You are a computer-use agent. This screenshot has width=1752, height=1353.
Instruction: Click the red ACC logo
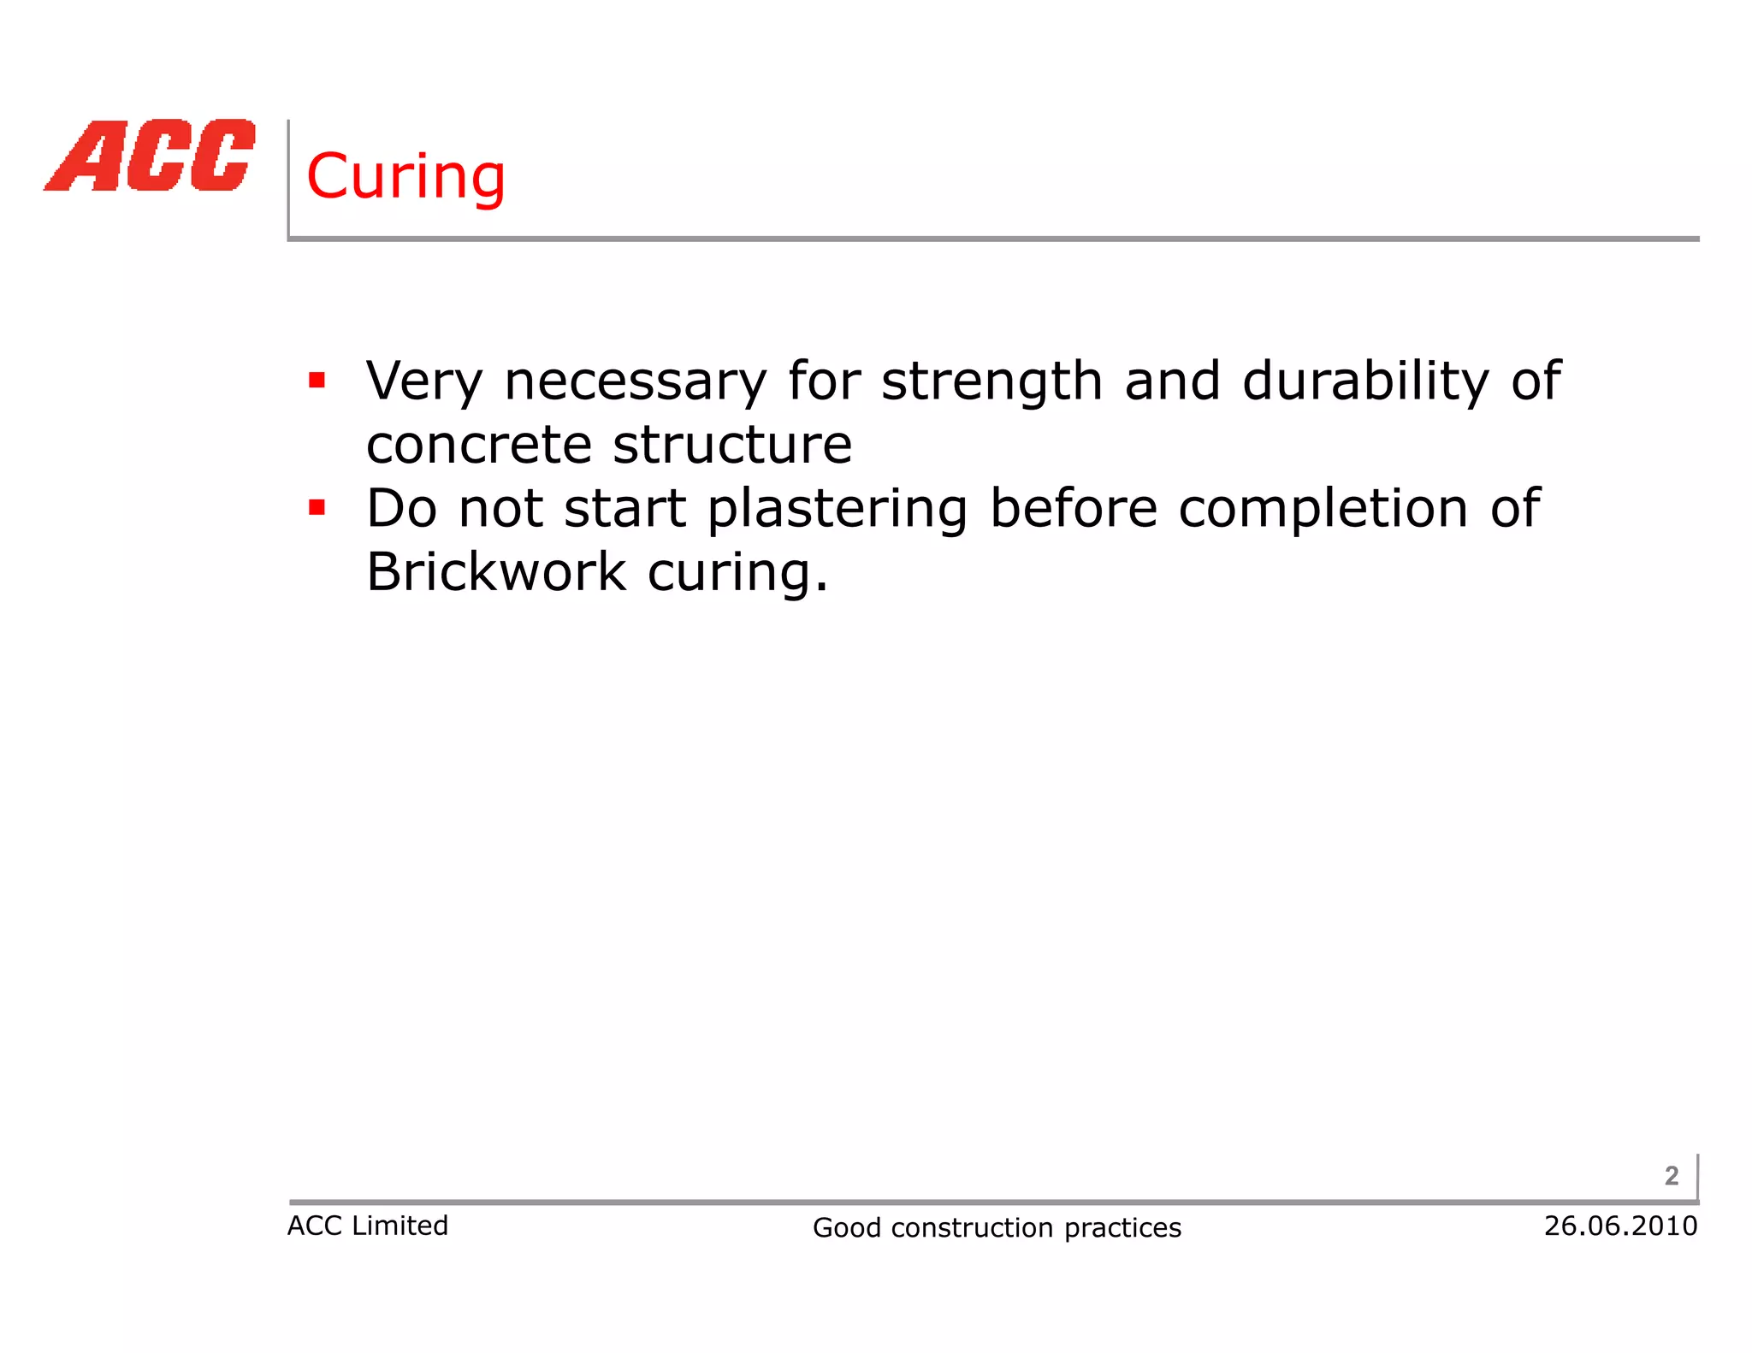click(x=151, y=156)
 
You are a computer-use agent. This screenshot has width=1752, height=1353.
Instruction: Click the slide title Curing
click(x=405, y=177)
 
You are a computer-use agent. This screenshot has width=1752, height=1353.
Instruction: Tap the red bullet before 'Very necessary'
click(x=317, y=380)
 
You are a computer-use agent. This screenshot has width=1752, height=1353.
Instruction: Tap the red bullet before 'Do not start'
click(x=317, y=508)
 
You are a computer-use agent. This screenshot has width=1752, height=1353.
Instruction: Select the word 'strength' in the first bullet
click(x=991, y=381)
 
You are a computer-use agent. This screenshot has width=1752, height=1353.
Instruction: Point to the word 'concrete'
click(x=479, y=445)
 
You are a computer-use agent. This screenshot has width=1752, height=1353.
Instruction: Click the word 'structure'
click(x=732, y=445)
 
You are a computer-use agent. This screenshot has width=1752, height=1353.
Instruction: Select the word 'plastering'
click(x=838, y=510)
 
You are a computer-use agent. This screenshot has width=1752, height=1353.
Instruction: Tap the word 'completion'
click(x=1323, y=510)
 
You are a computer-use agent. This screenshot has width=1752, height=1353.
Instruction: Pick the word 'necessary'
click(x=636, y=381)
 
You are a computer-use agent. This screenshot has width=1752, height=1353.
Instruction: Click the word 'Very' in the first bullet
click(x=424, y=381)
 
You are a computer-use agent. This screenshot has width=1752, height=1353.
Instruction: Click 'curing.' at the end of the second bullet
click(x=737, y=573)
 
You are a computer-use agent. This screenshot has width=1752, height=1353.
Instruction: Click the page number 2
click(x=1672, y=1176)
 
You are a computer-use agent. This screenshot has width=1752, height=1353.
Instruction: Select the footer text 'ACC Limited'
click(x=367, y=1226)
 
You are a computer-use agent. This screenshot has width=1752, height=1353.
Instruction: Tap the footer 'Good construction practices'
click(x=997, y=1228)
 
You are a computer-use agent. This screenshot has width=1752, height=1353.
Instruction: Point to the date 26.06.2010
click(x=1620, y=1226)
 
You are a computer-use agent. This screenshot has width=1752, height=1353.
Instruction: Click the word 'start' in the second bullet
click(x=625, y=510)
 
